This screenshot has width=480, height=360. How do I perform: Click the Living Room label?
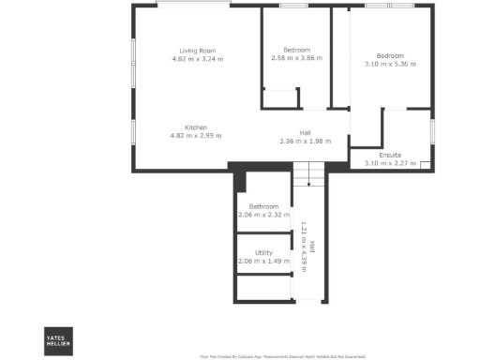pos(198,51)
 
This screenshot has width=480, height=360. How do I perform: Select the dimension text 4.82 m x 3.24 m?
pos(198,59)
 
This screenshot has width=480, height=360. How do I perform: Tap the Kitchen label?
pos(196,127)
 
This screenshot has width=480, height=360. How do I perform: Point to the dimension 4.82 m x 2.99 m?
pos(196,136)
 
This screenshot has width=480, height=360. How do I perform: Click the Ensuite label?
pos(390,155)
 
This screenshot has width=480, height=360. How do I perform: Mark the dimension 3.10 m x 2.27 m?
pos(390,163)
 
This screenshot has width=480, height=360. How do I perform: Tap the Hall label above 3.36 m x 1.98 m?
pos(305,132)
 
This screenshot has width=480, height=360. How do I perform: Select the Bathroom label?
pos(263,206)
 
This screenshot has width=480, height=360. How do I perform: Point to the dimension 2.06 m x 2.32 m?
pos(263,215)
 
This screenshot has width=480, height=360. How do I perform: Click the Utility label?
pos(263,253)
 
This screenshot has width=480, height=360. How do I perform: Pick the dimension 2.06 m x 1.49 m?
pos(263,262)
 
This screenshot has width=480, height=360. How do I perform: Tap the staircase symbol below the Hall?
pos(308,173)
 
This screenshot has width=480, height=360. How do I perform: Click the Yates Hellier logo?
pos(58,342)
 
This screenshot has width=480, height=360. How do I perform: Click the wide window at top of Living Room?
pos(194,6)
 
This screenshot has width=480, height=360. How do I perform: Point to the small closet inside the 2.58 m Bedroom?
pos(280,99)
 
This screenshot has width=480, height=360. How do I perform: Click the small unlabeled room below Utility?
pos(262,291)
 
